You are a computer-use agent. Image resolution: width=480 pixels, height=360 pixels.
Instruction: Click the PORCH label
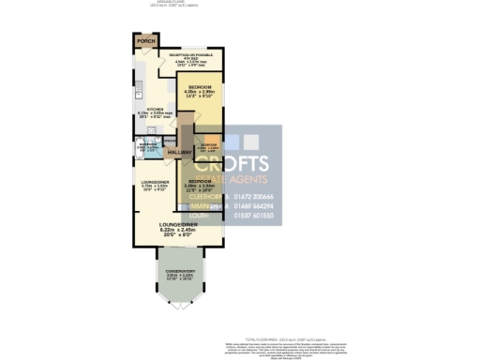tap(145, 42)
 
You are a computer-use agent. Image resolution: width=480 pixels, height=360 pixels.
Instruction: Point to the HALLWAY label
tap(179, 152)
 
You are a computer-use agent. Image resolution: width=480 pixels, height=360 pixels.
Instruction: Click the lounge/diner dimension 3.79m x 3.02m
tap(153, 186)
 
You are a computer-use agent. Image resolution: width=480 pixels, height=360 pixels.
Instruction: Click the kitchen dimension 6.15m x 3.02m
tap(155, 113)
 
